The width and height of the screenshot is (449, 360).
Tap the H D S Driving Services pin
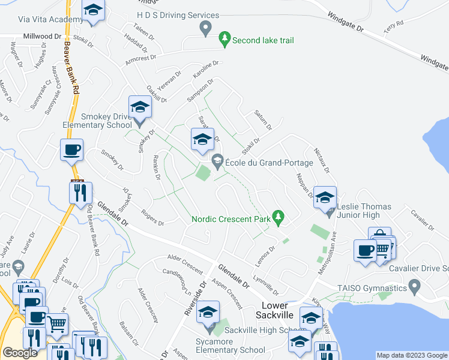[x=206, y=27]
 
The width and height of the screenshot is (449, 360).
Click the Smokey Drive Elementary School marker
[x=140, y=108]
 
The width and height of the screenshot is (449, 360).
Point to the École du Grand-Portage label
[x=269, y=163]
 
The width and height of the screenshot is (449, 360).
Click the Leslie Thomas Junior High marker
[x=325, y=198]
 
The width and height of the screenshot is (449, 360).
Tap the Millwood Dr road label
[x=42, y=36]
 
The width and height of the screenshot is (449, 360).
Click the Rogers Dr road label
[x=152, y=217]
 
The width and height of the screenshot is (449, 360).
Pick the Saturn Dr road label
[x=263, y=119]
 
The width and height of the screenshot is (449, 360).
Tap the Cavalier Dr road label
[x=422, y=220]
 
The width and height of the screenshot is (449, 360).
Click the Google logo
[x=20, y=353]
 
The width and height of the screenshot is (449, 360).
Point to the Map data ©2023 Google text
[x=411, y=355]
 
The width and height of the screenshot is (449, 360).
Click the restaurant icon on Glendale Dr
[x=80, y=193]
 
